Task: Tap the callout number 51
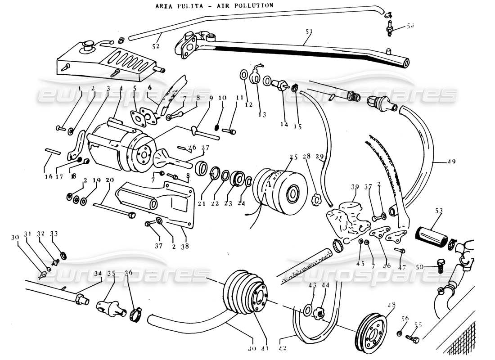309,32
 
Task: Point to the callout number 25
293,157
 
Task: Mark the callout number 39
355,187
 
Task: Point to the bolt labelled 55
414,337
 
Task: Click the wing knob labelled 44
319,312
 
